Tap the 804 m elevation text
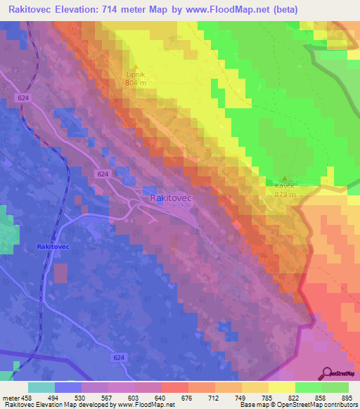click(134, 82)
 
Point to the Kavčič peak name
click(285, 186)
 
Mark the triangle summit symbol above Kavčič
click(285, 178)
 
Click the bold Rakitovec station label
click(53, 247)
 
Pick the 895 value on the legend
click(347, 397)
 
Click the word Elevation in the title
click(74, 10)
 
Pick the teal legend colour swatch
click(41, 387)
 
